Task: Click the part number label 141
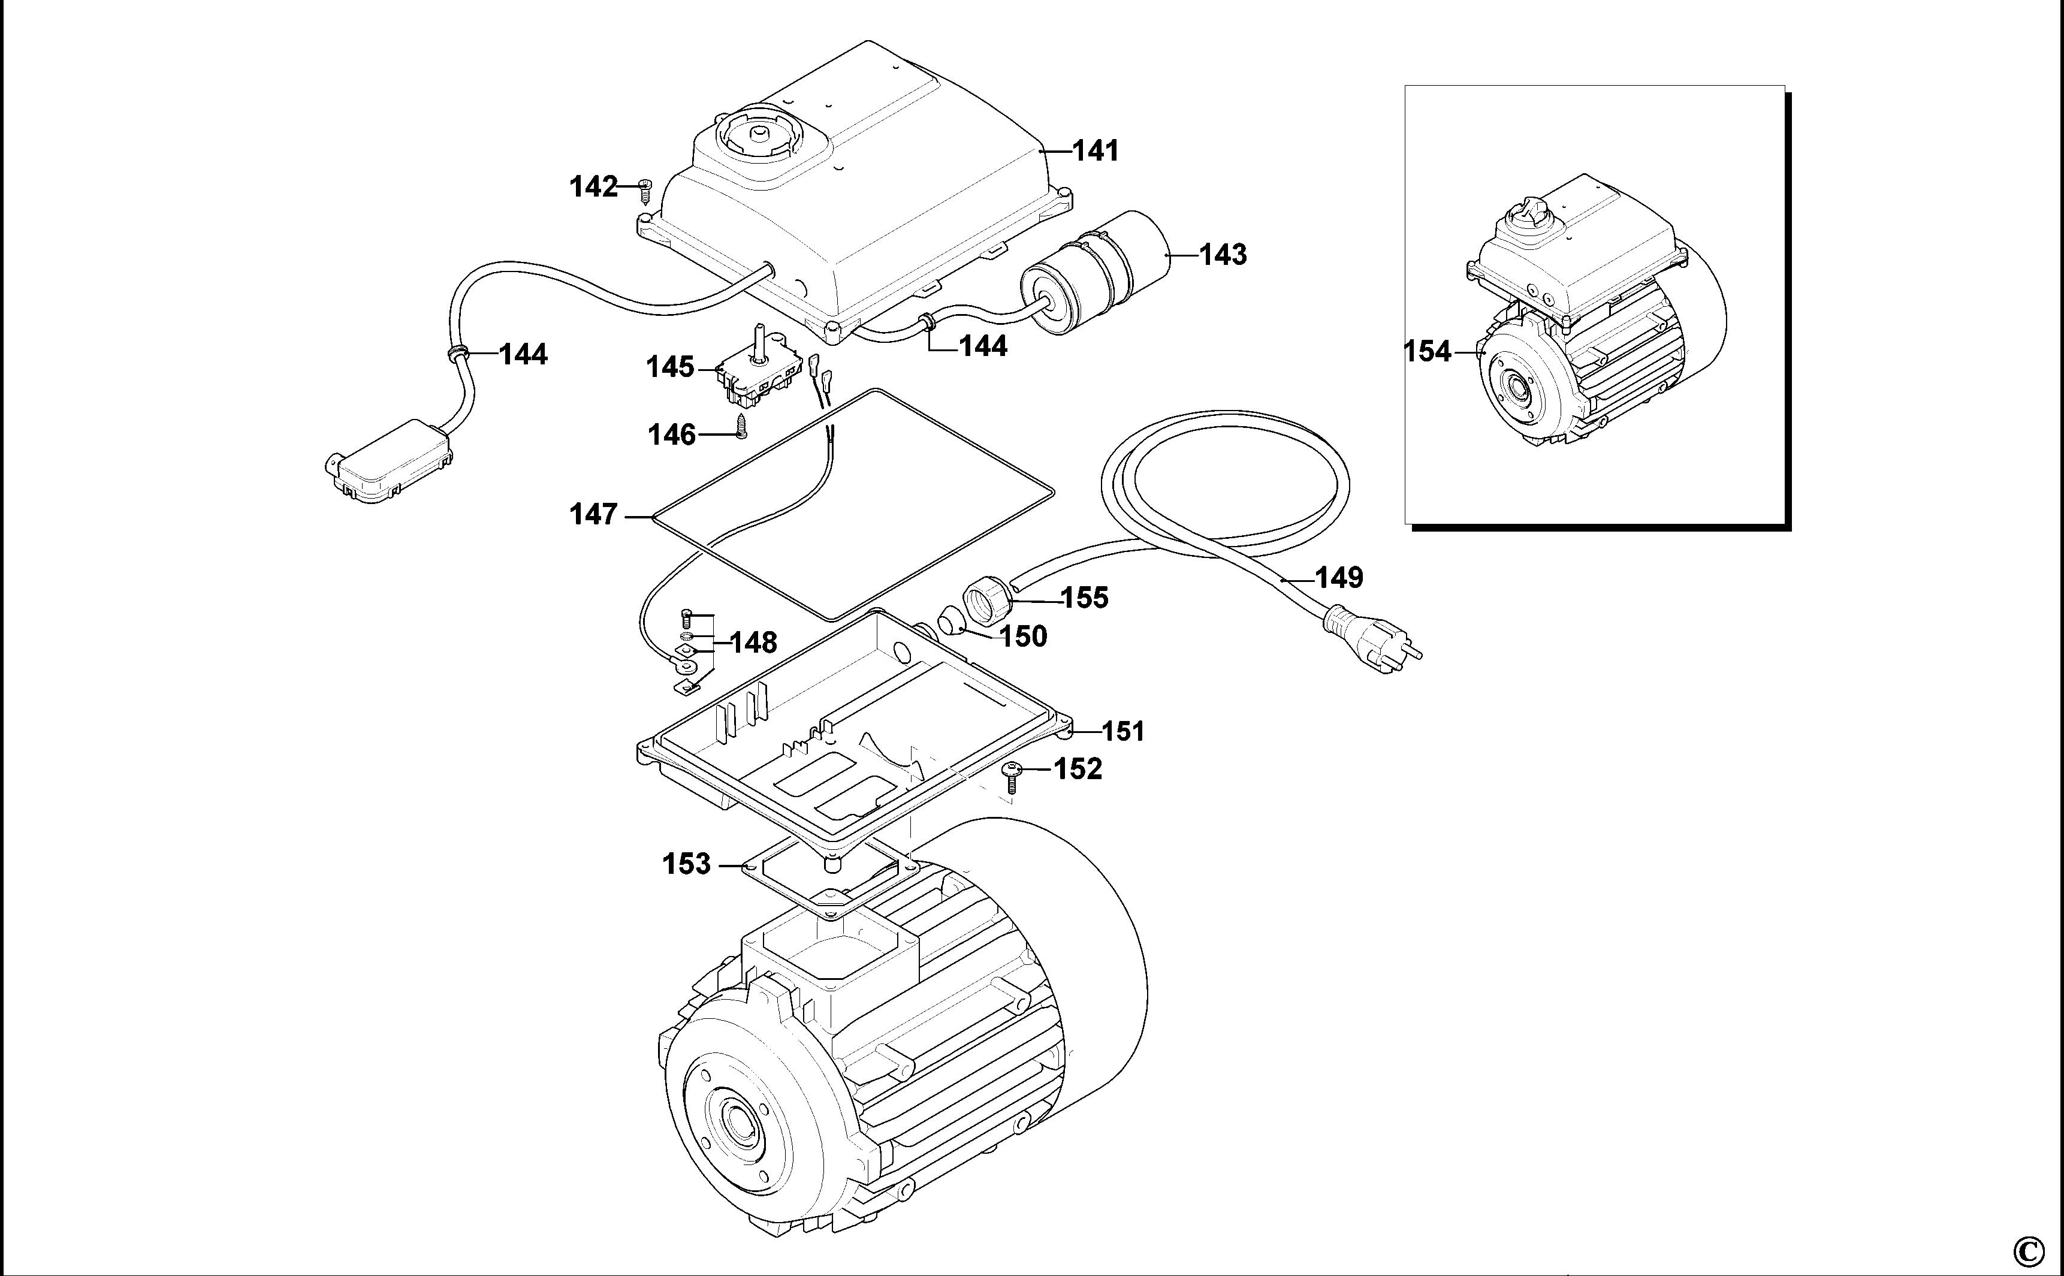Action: coord(1096,151)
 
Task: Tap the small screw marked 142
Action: coord(647,191)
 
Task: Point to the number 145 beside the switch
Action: coord(670,367)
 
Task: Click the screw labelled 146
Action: coord(742,426)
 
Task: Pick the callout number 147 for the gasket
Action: coord(594,514)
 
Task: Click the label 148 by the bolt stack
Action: coord(753,643)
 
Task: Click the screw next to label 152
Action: coord(1012,776)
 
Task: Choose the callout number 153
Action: coord(686,864)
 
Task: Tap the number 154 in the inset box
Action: coord(1427,351)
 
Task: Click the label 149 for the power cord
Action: coord(1339,578)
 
